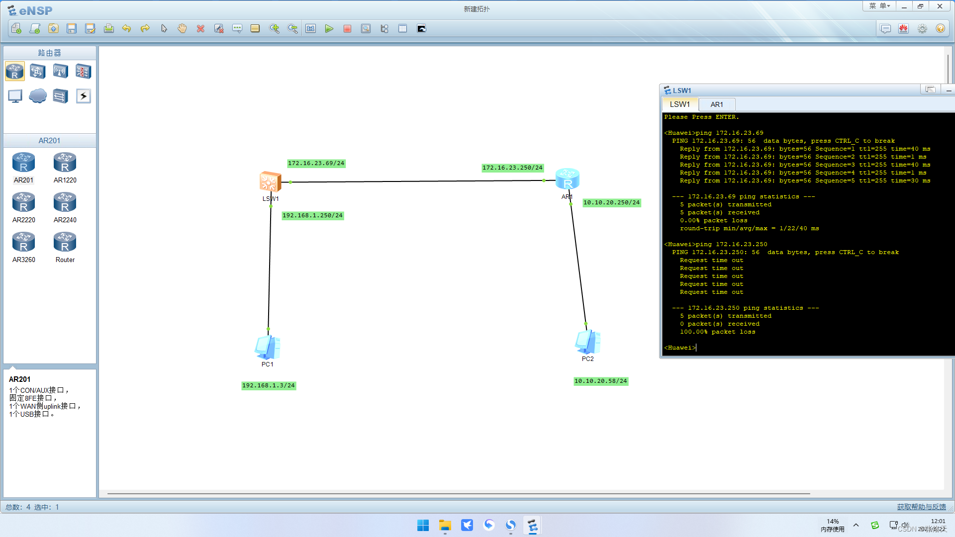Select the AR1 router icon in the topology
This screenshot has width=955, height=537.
click(x=567, y=179)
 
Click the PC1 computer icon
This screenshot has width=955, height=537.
click(x=268, y=347)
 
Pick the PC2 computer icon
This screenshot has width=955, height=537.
click(x=587, y=342)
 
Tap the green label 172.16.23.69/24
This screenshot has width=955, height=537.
click(x=316, y=164)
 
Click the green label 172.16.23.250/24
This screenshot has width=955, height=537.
click(x=512, y=168)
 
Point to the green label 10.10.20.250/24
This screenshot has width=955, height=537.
click(x=611, y=203)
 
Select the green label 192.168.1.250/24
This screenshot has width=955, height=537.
click(x=312, y=216)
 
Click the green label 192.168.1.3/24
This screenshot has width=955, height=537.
click(x=269, y=386)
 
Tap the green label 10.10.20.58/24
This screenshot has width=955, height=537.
click(x=601, y=381)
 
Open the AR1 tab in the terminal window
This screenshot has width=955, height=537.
click(x=717, y=104)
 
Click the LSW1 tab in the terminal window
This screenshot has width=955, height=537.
click(x=679, y=104)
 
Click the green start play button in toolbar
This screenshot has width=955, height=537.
click(x=329, y=29)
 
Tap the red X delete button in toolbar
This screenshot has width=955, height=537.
click(x=200, y=29)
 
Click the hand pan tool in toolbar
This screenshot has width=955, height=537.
click(x=182, y=29)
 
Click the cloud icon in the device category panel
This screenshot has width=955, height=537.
click(x=38, y=96)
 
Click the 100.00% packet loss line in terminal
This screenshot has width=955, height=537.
click(x=717, y=332)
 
